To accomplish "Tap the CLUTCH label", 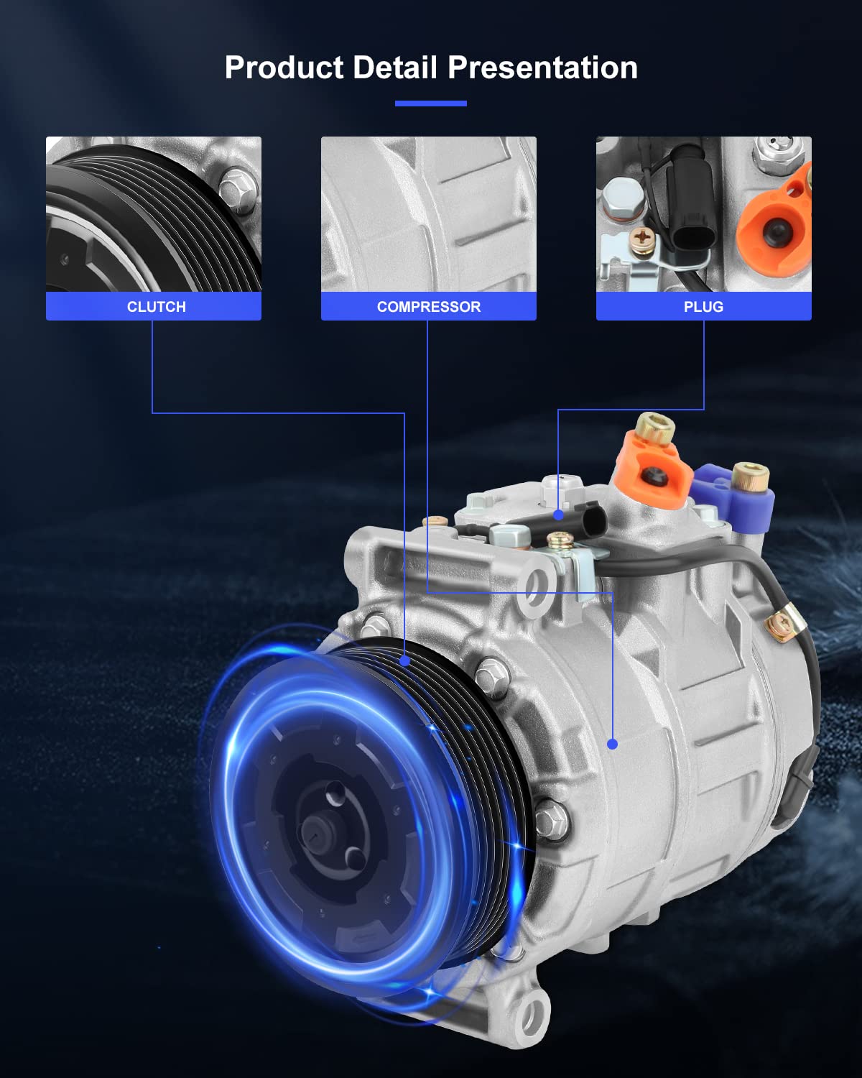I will (x=156, y=307).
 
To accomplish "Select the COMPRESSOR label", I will (x=428, y=307).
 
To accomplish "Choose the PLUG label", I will (x=703, y=307).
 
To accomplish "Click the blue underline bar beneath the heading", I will (x=430, y=103).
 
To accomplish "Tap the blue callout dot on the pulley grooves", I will (x=405, y=660).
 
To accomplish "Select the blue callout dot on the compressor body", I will (x=612, y=744).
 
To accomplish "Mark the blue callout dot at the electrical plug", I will (x=558, y=515).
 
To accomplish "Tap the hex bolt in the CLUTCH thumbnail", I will (x=238, y=188).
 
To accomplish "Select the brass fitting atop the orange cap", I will (x=654, y=429).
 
